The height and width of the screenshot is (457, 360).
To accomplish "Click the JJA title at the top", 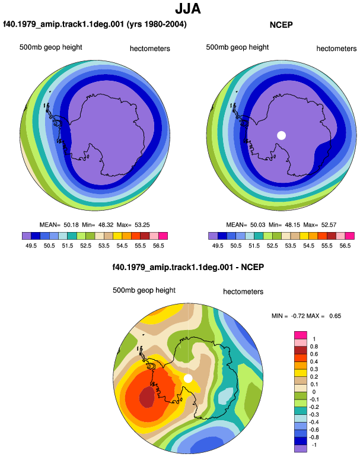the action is [188, 9].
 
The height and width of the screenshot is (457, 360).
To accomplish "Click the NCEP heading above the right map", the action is [281, 25].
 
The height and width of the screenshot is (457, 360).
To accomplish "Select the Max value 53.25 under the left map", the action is [142, 225].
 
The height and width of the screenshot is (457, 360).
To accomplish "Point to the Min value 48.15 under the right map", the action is [292, 225].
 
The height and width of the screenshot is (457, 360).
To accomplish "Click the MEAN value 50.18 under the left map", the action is [71, 225].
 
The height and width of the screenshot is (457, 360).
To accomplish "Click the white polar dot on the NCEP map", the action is [281, 135].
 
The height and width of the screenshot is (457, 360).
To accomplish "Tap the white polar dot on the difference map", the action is [188, 378].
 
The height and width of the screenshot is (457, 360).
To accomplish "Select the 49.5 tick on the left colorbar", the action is [31, 246].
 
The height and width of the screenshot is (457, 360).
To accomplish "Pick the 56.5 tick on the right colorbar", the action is [345, 246].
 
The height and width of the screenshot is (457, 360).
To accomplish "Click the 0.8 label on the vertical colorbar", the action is [314, 346].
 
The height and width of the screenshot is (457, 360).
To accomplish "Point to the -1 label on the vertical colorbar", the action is [314, 445].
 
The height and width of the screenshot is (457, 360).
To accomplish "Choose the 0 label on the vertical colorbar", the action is [314, 392].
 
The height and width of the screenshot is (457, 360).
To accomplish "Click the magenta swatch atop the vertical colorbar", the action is [301, 335].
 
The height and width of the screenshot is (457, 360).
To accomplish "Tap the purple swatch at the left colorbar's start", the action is [27, 236].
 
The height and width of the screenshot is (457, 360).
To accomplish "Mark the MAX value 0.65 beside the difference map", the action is [335, 316].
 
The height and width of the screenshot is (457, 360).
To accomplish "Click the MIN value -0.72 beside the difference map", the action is [298, 316].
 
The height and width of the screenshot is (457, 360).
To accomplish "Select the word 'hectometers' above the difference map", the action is [243, 291].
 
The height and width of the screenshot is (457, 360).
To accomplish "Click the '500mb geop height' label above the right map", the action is [237, 47].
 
